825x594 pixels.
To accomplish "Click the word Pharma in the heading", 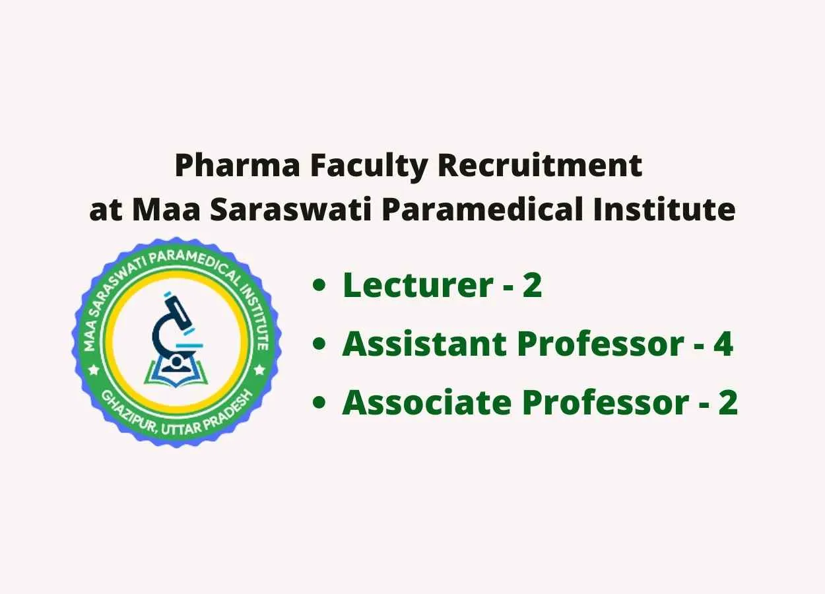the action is pyautogui.click(x=238, y=166).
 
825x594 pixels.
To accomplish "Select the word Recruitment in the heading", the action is pyautogui.click(x=541, y=166).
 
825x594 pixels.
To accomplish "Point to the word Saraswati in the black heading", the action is pyautogui.click(x=290, y=209).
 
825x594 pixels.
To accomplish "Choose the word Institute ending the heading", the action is pyautogui.click(x=665, y=209).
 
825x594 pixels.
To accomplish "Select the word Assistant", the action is pyautogui.click(x=424, y=344).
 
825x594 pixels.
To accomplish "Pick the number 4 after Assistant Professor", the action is pyautogui.click(x=723, y=344).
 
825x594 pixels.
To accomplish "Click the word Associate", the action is pyautogui.click(x=426, y=403).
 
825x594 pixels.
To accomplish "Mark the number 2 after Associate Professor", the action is pyautogui.click(x=727, y=403).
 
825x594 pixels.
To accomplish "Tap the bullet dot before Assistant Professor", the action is pyautogui.click(x=319, y=344).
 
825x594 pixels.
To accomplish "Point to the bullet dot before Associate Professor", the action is pyautogui.click(x=319, y=403).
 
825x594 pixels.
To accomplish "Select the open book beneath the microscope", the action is pyautogui.click(x=176, y=373).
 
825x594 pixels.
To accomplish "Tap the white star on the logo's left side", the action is pyautogui.click(x=94, y=368).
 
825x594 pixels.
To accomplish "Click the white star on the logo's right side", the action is pyautogui.click(x=259, y=368).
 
